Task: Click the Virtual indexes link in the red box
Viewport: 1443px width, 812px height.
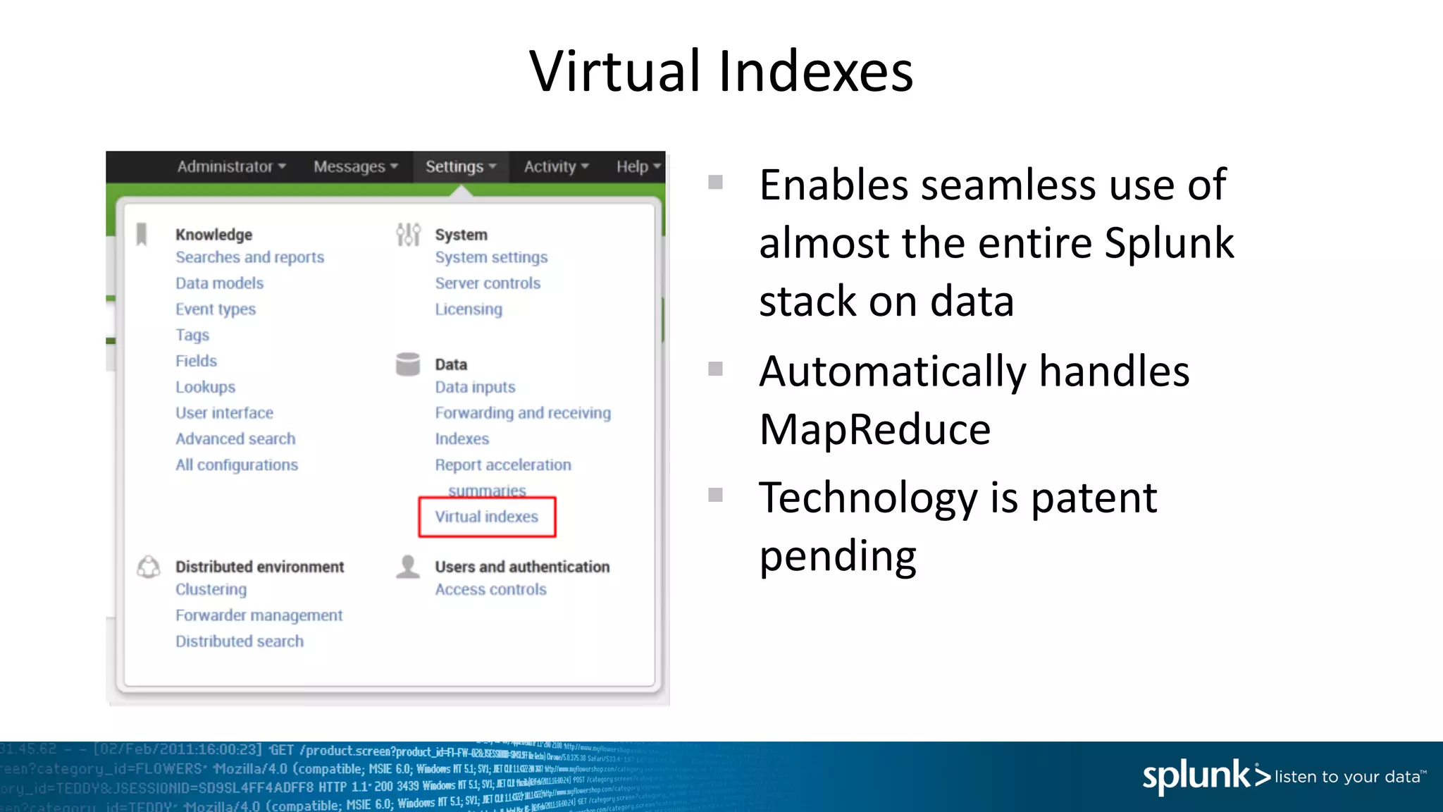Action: click(x=486, y=517)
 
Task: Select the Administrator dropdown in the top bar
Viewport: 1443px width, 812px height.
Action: click(x=231, y=167)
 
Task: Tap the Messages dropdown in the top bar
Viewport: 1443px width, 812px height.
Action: click(x=356, y=167)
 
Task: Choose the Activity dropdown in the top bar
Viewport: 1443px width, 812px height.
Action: click(x=556, y=167)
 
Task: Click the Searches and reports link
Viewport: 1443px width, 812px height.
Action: click(x=249, y=257)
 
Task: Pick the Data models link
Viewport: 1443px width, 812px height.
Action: click(x=219, y=283)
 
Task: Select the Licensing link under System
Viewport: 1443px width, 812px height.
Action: click(x=469, y=309)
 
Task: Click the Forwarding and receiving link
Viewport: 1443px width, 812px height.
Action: click(x=523, y=413)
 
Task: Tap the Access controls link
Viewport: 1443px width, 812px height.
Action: click(x=490, y=589)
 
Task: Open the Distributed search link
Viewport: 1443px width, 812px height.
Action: click(x=240, y=641)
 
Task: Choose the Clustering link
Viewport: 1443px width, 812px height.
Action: click(x=211, y=589)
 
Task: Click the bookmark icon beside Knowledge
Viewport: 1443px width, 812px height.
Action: click(x=142, y=234)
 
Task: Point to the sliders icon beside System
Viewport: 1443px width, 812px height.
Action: click(x=408, y=234)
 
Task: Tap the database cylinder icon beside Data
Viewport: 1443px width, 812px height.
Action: click(x=408, y=364)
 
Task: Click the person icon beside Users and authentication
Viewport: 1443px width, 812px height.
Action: click(x=408, y=567)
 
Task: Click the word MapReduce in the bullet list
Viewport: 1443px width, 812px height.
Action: click(x=874, y=430)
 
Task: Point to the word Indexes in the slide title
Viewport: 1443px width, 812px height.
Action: click(x=815, y=72)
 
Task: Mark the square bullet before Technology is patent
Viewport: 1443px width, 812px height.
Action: click(x=715, y=495)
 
